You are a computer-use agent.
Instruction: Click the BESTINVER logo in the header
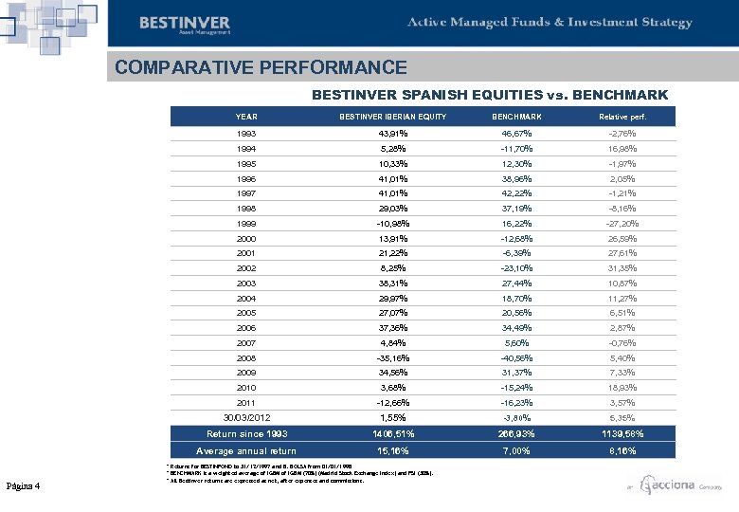click(x=185, y=24)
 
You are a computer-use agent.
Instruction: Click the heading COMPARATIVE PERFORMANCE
click(x=261, y=68)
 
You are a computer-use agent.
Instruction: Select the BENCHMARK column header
click(x=516, y=117)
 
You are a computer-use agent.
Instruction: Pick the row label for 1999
click(x=246, y=223)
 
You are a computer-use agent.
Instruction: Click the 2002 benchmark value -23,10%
click(x=516, y=267)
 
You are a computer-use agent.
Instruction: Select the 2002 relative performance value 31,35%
click(x=622, y=267)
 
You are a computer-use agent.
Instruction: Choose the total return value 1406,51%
click(x=393, y=434)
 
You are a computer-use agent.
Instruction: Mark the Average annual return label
click(x=247, y=451)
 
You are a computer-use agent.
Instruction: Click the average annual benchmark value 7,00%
click(x=516, y=451)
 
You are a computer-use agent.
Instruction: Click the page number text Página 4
click(x=22, y=486)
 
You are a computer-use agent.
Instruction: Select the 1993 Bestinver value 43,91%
click(x=393, y=134)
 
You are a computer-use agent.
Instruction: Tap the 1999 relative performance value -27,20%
click(x=622, y=223)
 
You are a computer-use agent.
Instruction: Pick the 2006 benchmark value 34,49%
click(x=516, y=326)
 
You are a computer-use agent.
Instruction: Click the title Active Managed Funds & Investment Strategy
click(x=550, y=23)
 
